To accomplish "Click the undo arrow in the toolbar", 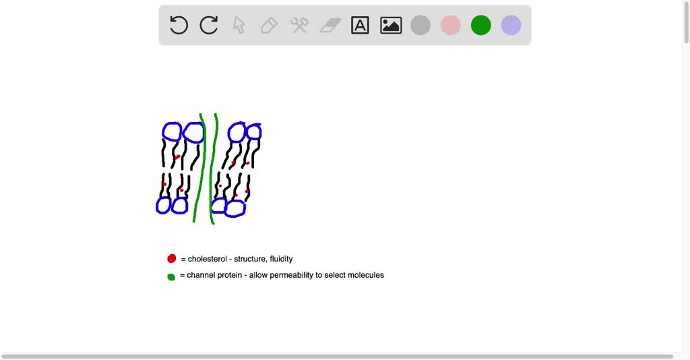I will pos(179,26).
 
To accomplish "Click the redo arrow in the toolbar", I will pos(209,26).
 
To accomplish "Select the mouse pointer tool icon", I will pos(239,26).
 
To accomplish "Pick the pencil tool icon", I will pos(269,26).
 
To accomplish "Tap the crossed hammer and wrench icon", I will pos(299,26).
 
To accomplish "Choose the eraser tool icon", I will pos(330,26).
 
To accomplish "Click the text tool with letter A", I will pos(360,26).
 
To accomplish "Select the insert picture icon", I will pos(391,26).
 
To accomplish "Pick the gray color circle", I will pos(420,26).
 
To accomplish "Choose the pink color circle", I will pos(451,26).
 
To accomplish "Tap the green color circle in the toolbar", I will pos(481,26).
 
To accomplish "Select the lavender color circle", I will pos(511,26).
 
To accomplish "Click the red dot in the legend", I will pos(172,259).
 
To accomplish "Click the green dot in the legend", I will pos(171,276).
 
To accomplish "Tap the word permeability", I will pos(292,275).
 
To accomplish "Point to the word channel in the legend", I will pos(201,275).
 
